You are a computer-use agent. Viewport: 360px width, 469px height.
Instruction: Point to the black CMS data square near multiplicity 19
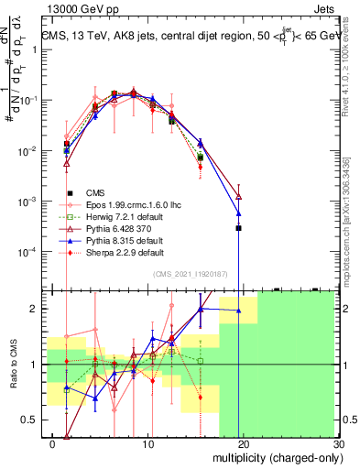click(x=238, y=227)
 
